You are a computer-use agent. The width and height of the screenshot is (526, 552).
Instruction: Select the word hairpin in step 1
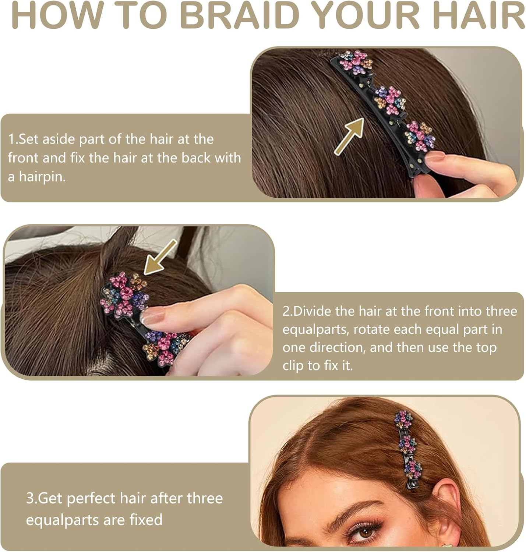42,177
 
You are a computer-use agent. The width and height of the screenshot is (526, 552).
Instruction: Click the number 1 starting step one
11,139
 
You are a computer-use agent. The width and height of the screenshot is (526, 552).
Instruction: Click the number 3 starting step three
29,498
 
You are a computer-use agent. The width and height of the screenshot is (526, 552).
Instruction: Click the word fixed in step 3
146,520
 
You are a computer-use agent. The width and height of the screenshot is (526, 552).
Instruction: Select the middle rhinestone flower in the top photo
390,100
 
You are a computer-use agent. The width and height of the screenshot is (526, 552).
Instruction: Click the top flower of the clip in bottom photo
403,420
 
